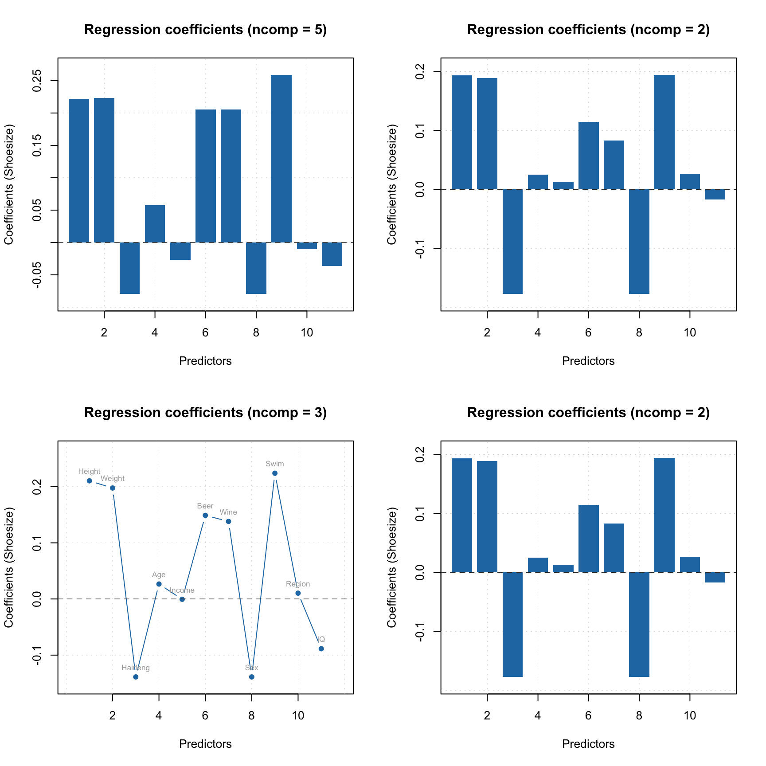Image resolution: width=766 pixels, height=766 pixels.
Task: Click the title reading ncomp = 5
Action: (205, 30)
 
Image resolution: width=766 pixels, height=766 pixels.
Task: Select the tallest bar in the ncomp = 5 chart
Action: (281, 158)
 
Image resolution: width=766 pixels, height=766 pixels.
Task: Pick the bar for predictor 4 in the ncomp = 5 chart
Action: (155, 224)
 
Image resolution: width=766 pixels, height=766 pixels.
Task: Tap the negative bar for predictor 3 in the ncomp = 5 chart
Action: (129, 268)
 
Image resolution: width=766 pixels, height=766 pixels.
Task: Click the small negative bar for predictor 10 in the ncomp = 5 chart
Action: (307, 246)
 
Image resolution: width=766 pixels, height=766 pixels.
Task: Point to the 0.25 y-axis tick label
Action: (36, 81)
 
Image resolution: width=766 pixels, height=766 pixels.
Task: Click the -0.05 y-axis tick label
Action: (36, 275)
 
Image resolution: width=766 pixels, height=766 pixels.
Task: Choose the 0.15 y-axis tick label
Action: (36, 145)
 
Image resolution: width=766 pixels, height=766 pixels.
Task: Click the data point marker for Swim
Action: (275, 473)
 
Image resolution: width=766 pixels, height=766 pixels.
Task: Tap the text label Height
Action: (89, 472)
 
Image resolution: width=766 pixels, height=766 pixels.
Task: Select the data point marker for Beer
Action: (205, 516)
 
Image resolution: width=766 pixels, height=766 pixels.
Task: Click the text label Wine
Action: (228, 512)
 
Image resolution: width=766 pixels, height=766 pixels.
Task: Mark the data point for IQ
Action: (321, 649)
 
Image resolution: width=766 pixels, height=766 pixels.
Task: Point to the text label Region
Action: (298, 584)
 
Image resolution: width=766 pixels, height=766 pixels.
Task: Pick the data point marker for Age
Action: (159, 584)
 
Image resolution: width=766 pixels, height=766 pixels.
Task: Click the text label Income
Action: (182, 590)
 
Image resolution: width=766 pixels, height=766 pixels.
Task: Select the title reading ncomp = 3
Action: (205, 413)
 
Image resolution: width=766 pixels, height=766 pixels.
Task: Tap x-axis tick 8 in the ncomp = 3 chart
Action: (251, 715)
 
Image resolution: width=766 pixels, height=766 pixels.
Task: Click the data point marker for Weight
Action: (113, 488)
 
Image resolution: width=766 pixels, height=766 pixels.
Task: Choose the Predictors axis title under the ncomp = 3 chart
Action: (205, 744)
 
